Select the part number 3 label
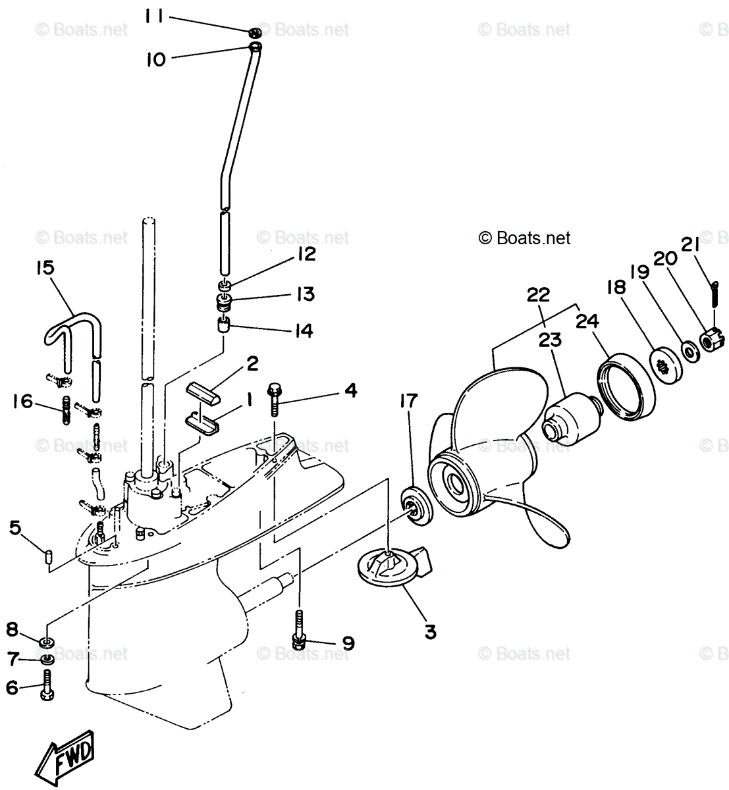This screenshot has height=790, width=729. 429,632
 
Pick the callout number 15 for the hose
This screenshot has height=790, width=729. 45,269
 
